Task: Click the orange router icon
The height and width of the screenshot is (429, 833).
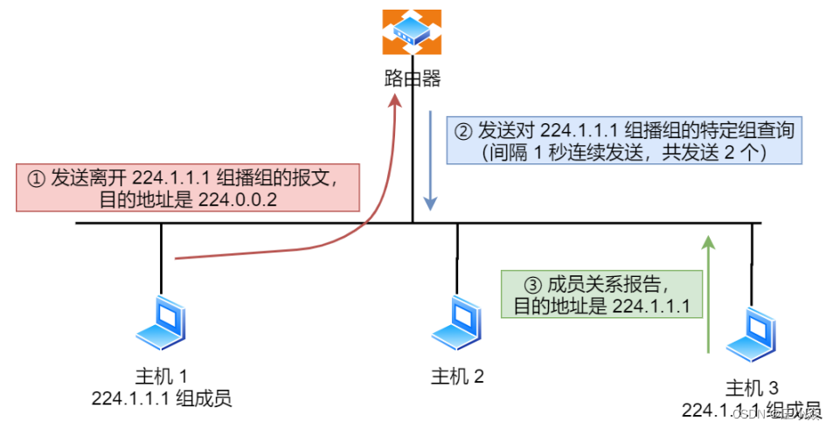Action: tap(412, 31)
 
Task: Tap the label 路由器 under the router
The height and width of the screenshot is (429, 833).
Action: tap(412, 80)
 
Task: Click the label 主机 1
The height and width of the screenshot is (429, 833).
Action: tap(161, 377)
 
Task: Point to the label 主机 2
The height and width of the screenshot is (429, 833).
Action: tap(457, 377)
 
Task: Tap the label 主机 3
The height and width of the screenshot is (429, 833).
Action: tap(752, 388)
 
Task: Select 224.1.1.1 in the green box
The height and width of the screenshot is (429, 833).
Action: tap(650, 306)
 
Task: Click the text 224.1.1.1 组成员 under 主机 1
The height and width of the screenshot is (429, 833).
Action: tap(161, 398)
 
